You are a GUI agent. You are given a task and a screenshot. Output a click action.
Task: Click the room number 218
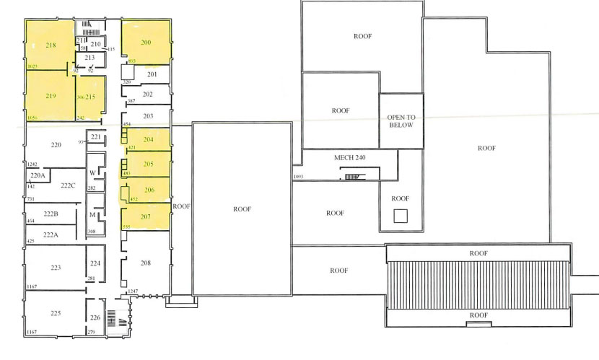click(x=51, y=45)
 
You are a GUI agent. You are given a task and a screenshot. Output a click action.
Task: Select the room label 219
click(x=51, y=96)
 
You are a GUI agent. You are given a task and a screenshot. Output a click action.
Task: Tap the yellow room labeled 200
click(x=146, y=43)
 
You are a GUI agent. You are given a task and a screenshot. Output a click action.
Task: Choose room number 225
click(x=56, y=313)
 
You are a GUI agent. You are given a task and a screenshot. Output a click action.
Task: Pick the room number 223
click(x=56, y=268)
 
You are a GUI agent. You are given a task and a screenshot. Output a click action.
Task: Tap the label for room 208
click(x=146, y=263)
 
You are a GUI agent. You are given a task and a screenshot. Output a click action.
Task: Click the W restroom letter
click(x=92, y=173)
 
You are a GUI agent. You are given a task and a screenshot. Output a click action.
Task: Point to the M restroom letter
click(x=92, y=215)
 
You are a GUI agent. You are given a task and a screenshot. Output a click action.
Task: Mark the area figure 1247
click(x=133, y=291)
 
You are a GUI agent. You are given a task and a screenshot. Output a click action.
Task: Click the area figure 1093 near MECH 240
click(x=297, y=177)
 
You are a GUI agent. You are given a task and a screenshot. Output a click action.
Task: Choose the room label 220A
click(x=38, y=175)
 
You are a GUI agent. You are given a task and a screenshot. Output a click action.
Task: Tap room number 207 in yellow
click(x=146, y=216)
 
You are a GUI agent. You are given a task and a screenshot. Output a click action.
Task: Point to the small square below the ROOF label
click(x=400, y=215)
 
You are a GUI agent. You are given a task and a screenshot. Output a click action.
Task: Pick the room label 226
click(x=95, y=318)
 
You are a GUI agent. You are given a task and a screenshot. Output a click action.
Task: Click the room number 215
click(x=90, y=97)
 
